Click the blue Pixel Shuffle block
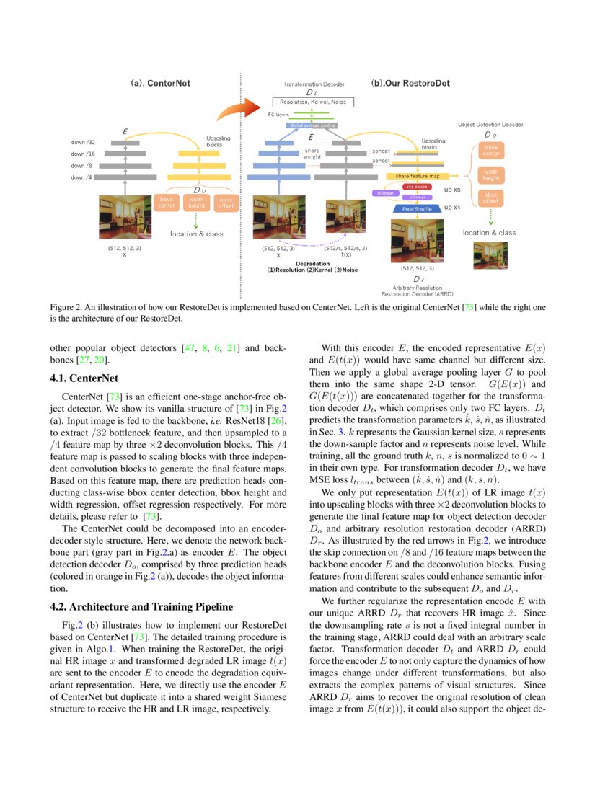click(x=412, y=208)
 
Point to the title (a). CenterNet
click(x=160, y=83)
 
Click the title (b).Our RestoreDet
click(x=410, y=83)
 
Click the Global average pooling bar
click(x=312, y=125)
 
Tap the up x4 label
click(x=452, y=208)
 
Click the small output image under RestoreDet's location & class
click(x=488, y=255)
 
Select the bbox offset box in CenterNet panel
click(x=226, y=202)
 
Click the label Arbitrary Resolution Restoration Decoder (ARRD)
click(x=418, y=291)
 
